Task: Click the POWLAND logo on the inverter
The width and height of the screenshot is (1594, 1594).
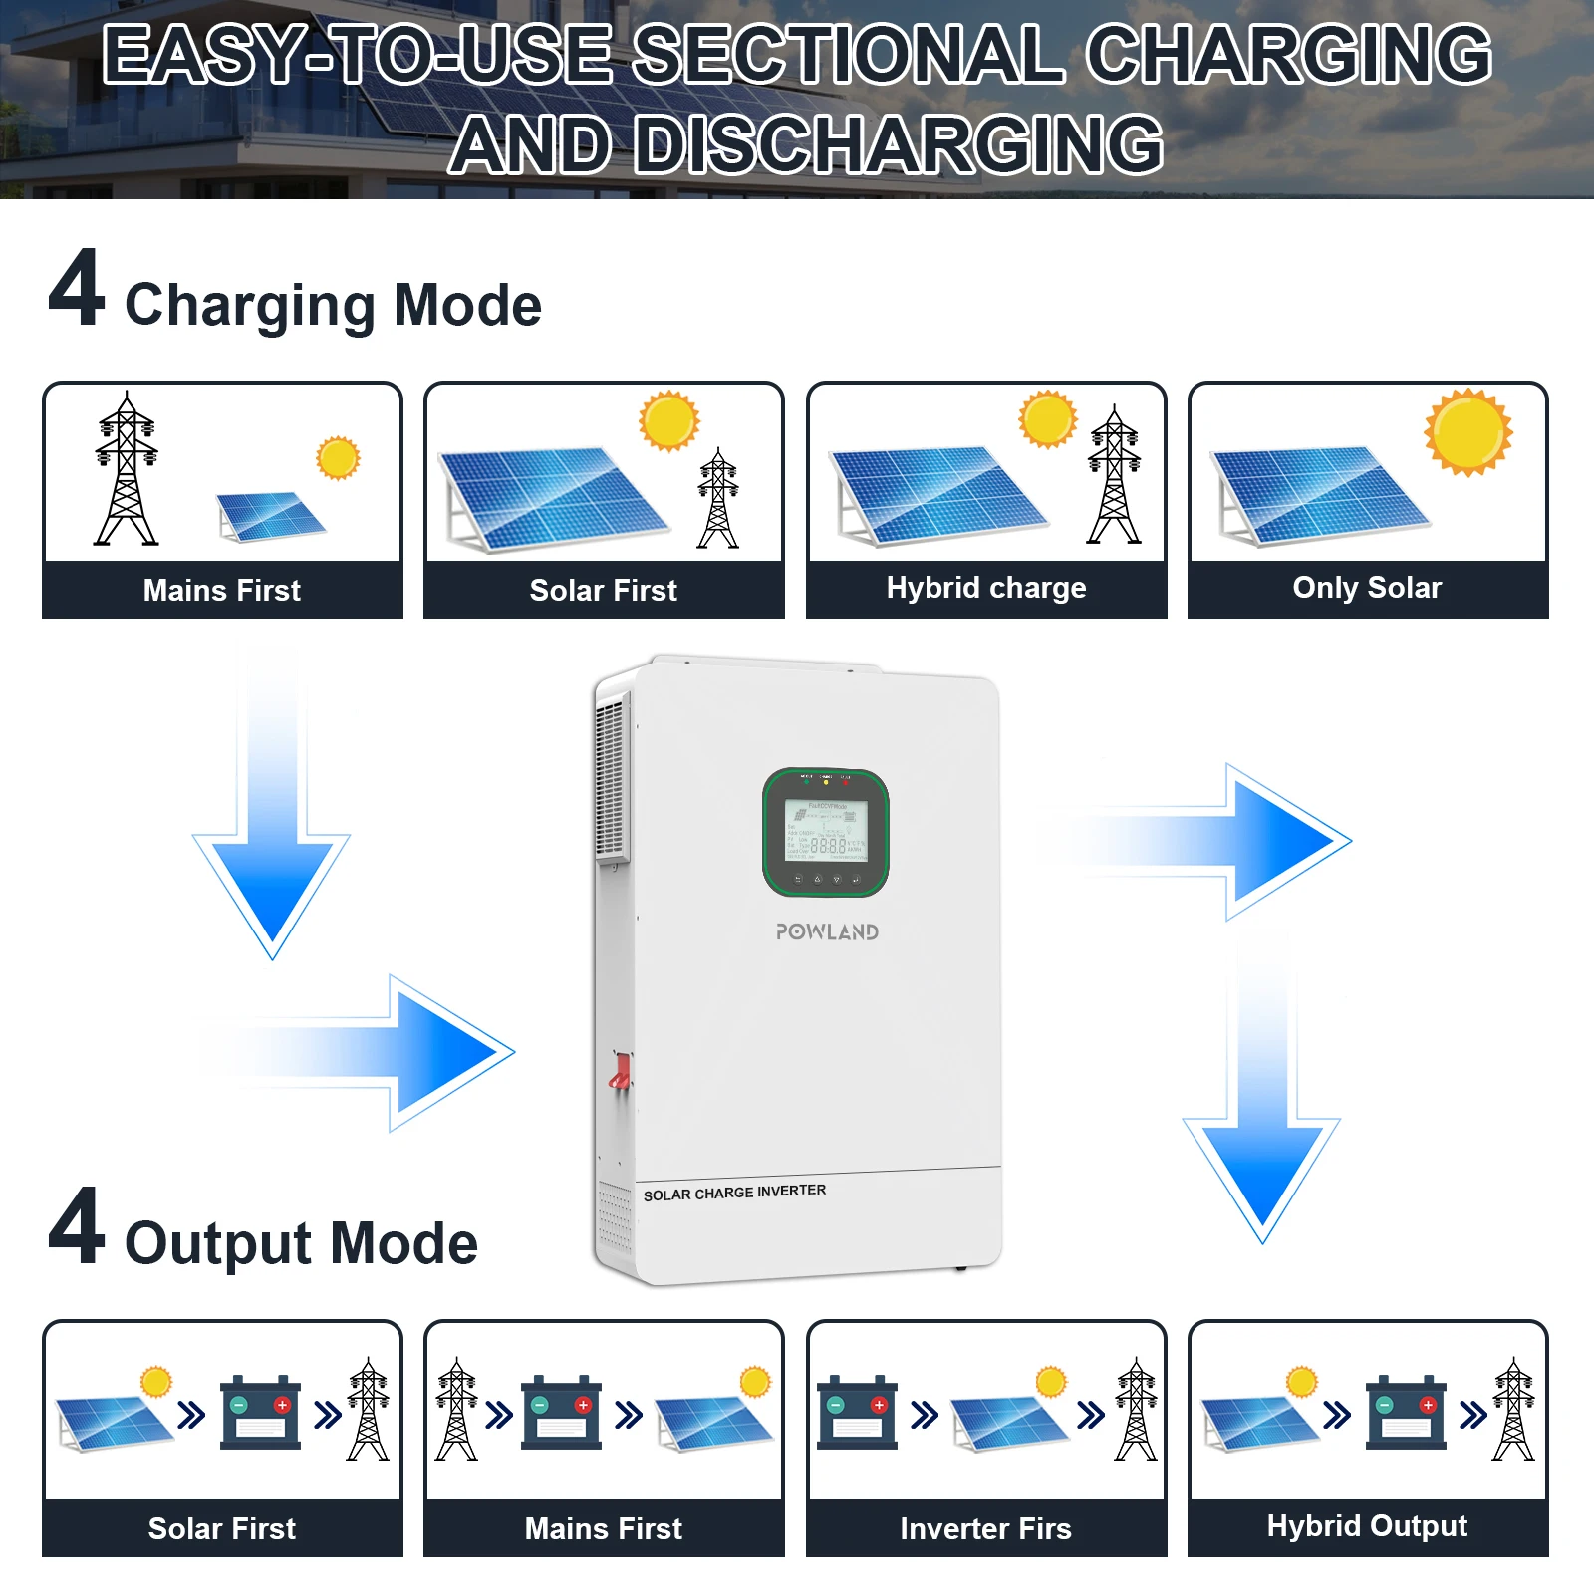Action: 827,932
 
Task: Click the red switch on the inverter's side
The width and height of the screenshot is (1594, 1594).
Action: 620,1072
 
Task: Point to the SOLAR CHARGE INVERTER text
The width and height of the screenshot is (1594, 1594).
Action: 734,1193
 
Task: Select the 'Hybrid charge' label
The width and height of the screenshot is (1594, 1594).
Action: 986,588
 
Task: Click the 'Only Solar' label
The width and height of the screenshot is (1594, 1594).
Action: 1367,588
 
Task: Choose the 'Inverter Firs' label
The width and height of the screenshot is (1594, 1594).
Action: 985,1528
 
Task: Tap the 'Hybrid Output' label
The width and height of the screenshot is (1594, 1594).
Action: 1367,1526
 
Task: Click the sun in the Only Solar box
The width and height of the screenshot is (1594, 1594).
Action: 1467,432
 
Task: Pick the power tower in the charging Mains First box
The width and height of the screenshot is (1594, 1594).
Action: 127,468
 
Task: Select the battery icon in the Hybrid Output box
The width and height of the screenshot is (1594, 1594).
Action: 1406,1412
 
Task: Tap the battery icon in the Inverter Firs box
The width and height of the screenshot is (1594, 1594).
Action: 857,1412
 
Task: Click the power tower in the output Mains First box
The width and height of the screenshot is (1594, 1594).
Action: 457,1409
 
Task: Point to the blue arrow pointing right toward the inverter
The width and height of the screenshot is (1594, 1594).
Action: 398,1052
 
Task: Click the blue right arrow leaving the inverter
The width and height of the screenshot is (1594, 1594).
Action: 1245,842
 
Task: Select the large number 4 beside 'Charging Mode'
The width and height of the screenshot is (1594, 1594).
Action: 76,288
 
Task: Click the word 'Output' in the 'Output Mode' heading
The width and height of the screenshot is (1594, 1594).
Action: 218,1243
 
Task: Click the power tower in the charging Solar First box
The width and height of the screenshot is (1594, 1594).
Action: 718,498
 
